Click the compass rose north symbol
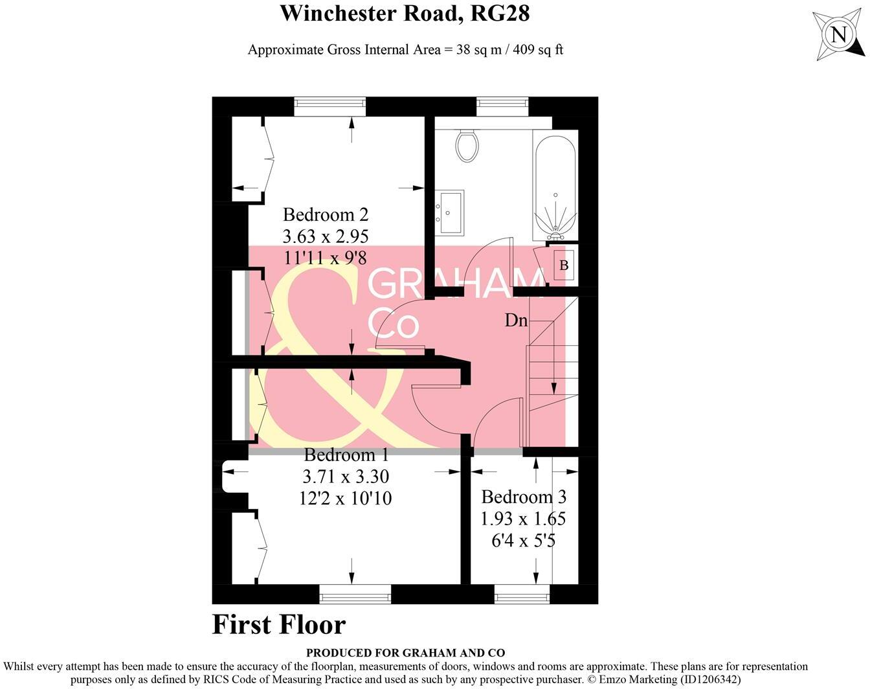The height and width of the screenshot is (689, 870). click(x=838, y=34)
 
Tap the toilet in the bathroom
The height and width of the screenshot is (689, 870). click(x=467, y=145)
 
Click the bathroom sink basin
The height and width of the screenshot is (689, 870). click(x=449, y=211)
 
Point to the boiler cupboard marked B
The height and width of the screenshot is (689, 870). click(x=563, y=265)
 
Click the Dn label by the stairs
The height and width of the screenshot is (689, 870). click(x=516, y=320)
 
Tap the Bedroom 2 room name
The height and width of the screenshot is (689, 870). click(x=326, y=214)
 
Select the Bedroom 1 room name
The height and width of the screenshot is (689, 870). click(x=346, y=455)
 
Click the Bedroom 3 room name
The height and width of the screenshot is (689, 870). click(x=524, y=497)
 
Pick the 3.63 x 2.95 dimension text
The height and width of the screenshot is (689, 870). click(x=326, y=236)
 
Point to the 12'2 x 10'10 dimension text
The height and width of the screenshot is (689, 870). click(x=346, y=498)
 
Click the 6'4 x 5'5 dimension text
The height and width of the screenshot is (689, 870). click(x=524, y=540)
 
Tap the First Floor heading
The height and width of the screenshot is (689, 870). click(x=279, y=625)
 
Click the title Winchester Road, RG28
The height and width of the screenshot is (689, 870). click(x=405, y=13)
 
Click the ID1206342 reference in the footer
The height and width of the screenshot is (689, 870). click(x=709, y=679)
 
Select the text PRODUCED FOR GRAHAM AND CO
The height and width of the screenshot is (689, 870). click(x=405, y=653)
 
